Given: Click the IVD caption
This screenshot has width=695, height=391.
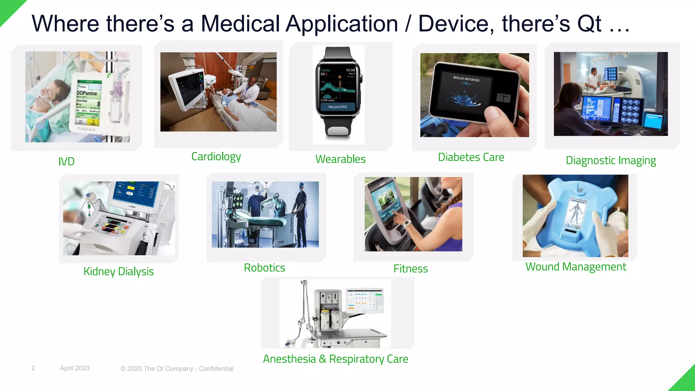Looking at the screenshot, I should pos(67,161).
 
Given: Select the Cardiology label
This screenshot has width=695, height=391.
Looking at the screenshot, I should pos(216,156).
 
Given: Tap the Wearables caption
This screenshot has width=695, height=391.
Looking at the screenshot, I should pos(340,159).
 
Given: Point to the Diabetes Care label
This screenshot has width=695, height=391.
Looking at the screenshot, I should pos(471,157).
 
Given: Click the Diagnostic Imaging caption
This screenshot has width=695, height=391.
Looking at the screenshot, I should pos(611,160).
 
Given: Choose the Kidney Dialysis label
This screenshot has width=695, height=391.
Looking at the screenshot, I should pos(119,272).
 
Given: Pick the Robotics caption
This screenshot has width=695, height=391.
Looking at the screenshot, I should pos(264,268).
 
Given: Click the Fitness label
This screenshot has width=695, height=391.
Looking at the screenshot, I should pos(411,269).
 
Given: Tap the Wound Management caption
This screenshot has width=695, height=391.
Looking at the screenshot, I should pos(576,267).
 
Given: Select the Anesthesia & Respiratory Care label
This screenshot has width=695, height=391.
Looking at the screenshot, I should pos(336,359).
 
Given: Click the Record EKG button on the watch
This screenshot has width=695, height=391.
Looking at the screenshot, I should pos(338,107).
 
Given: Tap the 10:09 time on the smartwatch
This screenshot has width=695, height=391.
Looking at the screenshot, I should pos(350,70).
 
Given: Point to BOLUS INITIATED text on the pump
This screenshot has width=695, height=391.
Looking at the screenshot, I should pos(466,78).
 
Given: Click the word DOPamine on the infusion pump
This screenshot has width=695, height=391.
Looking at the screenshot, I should pos(87,93).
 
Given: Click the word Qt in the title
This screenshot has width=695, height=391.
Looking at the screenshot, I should pos(589,24).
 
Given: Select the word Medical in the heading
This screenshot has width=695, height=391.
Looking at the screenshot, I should pos(240,24).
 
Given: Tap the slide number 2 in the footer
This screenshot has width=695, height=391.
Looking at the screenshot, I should pos(33,368).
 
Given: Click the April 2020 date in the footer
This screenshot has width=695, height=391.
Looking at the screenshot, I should pos(75,368).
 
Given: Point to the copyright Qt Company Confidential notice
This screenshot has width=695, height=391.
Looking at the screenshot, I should pos(177,369).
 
